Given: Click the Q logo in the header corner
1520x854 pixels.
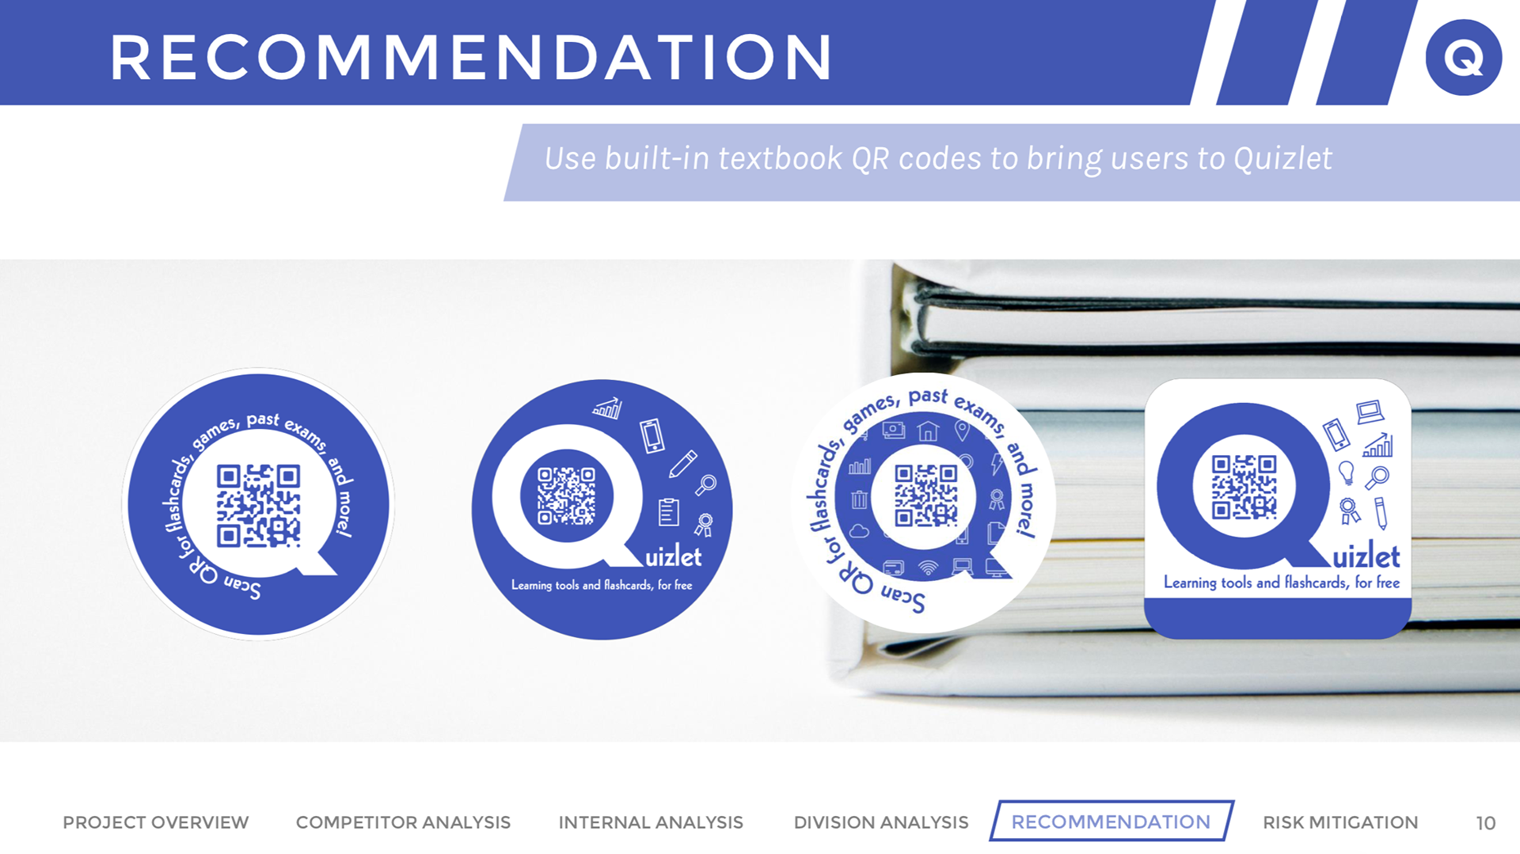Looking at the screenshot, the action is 1463,57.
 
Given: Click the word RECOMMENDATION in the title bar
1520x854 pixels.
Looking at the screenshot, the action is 471,58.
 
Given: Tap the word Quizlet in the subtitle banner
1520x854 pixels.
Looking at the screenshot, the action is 1282,159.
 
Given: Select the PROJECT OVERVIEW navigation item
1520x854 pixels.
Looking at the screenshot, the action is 155,822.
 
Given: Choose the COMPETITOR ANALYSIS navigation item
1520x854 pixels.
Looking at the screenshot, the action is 403,822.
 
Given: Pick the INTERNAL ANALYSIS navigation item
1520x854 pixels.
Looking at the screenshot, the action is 651,822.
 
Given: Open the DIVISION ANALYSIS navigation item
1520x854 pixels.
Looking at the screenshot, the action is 881,822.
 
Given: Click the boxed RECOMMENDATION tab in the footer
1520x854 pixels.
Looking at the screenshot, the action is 1111,822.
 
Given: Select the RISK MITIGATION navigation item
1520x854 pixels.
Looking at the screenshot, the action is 1340,822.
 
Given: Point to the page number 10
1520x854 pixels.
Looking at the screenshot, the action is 1486,823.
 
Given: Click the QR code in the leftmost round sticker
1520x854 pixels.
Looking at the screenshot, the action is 259,506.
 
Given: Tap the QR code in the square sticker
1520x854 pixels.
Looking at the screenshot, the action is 1244,487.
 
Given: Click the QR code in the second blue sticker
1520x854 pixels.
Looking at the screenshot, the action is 566,496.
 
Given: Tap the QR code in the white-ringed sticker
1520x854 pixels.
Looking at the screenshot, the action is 925,496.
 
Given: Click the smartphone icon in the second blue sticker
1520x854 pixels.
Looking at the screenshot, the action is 652,435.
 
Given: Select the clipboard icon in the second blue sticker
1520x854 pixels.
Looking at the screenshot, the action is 669,512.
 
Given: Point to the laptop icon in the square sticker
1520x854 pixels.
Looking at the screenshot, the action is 1370,412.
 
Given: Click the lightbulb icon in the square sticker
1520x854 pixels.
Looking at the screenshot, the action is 1346,473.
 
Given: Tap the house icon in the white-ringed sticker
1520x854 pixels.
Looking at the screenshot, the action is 928,431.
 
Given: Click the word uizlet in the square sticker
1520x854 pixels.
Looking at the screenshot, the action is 1366,556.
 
